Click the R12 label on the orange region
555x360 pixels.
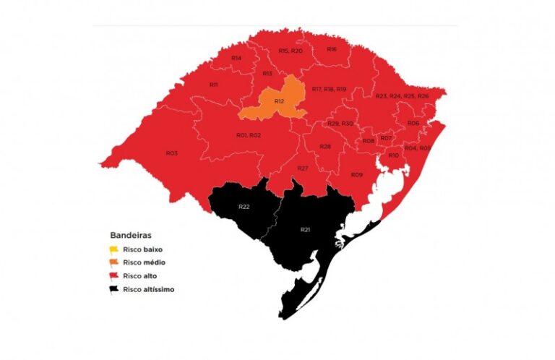pyautogui.click(x=279, y=102)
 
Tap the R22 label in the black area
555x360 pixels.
pyautogui.click(x=244, y=207)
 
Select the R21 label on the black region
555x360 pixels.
pyautogui.click(x=305, y=229)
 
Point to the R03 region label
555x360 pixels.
pyautogui.click(x=171, y=153)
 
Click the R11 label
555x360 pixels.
pyautogui.click(x=214, y=85)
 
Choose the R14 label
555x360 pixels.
pyautogui.click(x=236, y=58)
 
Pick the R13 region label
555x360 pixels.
pyautogui.click(x=267, y=74)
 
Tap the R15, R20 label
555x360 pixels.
pyautogui.click(x=291, y=51)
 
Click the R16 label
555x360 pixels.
pyautogui.click(x=332, y=49)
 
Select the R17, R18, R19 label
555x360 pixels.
pyautogui.click(x=330, y=89)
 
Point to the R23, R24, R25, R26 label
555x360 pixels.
pyautogui.click(x=402, y=96)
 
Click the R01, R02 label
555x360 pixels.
pyautogui.click(x=248, y=135)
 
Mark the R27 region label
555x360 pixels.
pyautogui.click(x=303, y=168)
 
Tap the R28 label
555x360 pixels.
pyautogui.click(x=325, y=147)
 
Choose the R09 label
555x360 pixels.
pyautogui.click(x=356, y=175)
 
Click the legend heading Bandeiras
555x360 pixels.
pyautogui.click(x=129, y=236)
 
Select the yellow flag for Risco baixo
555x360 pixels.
pyautogui.click(x=114, y=249)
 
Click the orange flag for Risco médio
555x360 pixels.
pyautogui.click(x=114, y=262)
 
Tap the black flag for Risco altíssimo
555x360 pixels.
pyautogui.click(x=114, y=289)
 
